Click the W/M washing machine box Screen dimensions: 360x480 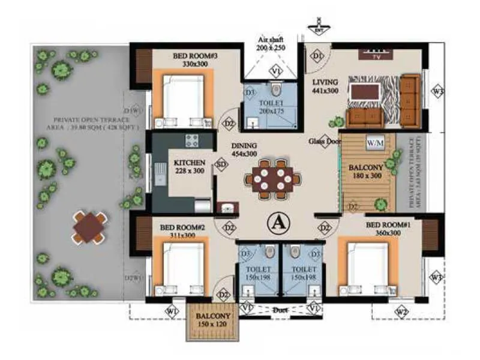375,143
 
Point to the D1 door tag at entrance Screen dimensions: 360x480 317,56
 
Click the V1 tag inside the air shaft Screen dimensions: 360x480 275,71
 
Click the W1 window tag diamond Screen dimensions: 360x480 172,311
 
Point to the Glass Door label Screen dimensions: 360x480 325,142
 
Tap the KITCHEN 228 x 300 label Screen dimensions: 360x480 190,166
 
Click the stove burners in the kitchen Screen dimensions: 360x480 193,141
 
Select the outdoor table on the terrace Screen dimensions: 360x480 89,227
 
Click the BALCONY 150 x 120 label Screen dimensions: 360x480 213,320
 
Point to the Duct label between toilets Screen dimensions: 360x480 278,311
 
